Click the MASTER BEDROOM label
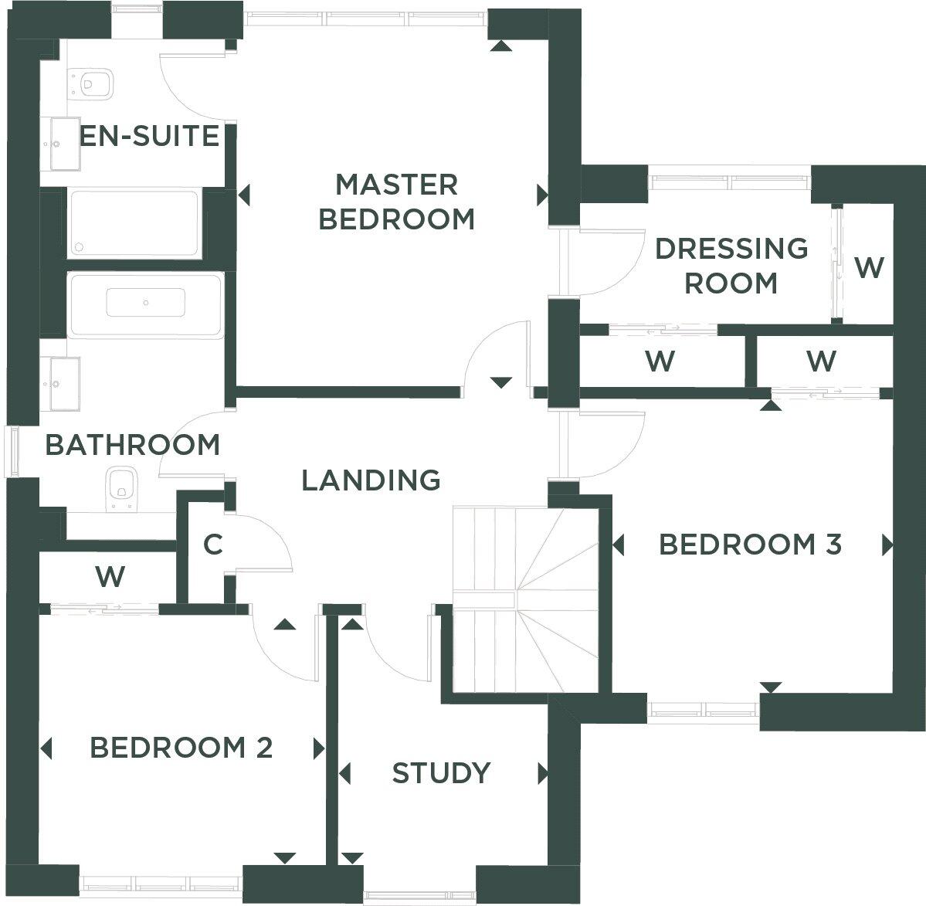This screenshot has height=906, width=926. coord(396,202)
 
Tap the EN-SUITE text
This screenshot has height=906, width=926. coord(150,137)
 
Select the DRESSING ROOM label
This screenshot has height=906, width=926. coord(731,266)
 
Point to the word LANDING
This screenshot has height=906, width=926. coord(371,480)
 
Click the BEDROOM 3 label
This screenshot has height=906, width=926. coord(750,545)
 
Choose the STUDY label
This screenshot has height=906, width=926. coord(441,773)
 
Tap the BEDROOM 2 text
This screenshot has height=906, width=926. coord(181,748)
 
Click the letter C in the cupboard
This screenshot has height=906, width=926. coord(212,545)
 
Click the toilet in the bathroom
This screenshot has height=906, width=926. coord(120,488)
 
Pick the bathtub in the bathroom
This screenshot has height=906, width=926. coord(145,304)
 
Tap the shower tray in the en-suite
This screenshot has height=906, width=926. coord(134,222)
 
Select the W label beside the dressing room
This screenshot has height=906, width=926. coord(869,268)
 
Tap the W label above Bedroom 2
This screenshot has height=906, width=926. coord(110,576)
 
